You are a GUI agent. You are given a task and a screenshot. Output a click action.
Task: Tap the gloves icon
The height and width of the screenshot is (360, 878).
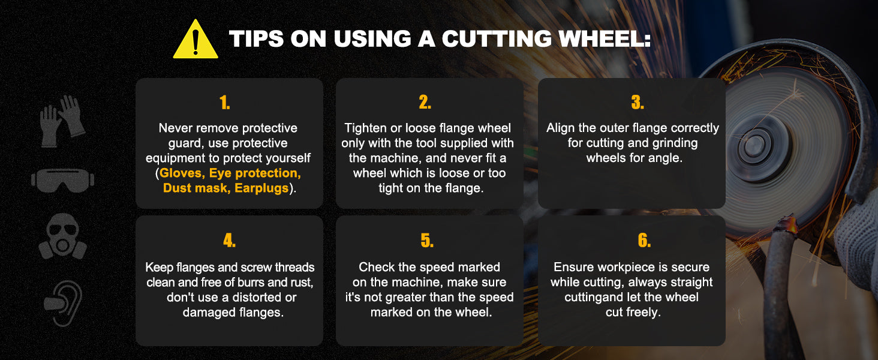tap(62, 121)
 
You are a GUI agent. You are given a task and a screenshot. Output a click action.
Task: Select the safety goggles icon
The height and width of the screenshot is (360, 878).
tap(63, 180)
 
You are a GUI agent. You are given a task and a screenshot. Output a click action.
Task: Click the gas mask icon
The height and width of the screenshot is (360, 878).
tap(63, 236)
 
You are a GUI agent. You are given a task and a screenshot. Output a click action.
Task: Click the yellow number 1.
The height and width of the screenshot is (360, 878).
tap(225, 103)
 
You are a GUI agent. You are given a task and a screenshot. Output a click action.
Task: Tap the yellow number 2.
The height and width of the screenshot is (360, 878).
tap(425, 103)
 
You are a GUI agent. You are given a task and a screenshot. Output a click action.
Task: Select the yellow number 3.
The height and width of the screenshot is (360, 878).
tap(638, 103)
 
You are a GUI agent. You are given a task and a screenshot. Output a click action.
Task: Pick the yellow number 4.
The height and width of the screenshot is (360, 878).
tap(229, 240)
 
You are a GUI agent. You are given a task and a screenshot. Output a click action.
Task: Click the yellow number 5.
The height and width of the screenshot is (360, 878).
tap(427, 240)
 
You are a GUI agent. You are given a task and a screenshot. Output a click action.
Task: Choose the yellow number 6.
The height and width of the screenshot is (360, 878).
tap(644, 240)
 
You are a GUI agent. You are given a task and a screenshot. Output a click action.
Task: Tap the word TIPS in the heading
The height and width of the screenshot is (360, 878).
tap(256, 39)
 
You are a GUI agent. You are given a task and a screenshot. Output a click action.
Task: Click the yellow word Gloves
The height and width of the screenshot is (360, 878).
tap(182, 173)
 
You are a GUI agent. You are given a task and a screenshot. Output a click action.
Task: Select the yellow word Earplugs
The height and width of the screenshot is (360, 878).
tap(261, 188)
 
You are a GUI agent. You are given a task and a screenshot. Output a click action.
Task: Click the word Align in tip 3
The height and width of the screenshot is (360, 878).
tap(561, 128)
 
